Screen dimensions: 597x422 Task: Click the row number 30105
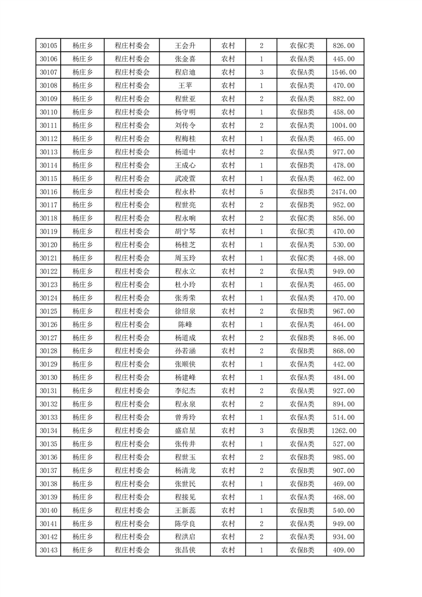(x=48, y=46)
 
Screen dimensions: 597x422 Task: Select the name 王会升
(x=185, y=46)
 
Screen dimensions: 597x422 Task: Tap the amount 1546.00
(x=344, y=72)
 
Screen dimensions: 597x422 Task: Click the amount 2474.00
(x=344, y=192)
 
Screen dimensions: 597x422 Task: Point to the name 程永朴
(x=185, y=192)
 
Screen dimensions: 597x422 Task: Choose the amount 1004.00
(x=344, y=126)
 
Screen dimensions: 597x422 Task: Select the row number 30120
(x=48, y=245)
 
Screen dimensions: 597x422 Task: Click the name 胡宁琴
(x=185, y=231)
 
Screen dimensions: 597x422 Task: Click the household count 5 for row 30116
(x=261, y=192)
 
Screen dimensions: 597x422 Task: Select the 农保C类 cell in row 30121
(x=302, y=258)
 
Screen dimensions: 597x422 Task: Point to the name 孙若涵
(x=185, y=351)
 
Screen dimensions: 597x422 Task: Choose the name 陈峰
(x=185, y=325)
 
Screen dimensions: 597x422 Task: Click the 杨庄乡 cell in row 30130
(x=82, y=378)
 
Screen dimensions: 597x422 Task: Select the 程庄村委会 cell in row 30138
(x=133, y=484)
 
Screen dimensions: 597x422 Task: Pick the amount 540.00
(x=344, y=510)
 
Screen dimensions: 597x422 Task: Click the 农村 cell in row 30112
(x=228, y=139)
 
